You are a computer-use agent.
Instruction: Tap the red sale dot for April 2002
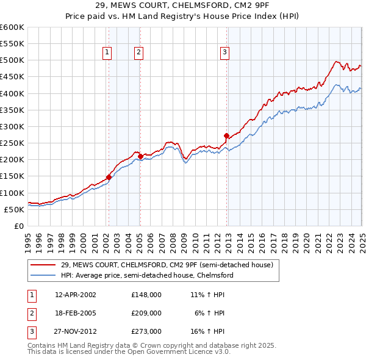pos(109,177)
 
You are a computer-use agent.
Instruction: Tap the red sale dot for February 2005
pos(140,157)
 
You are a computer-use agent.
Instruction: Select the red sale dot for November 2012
pos(226,135)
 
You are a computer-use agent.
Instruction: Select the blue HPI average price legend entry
pos(147,275)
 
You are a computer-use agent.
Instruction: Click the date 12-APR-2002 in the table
pos(75,295)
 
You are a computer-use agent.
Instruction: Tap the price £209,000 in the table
pos(146,313)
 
